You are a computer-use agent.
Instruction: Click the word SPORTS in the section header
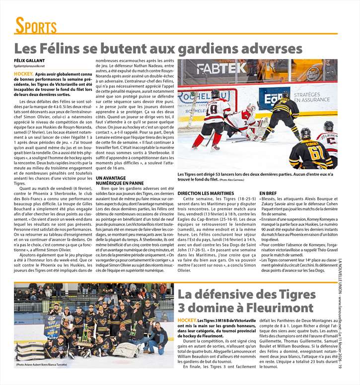35,26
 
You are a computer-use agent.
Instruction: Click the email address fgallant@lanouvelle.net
29,66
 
